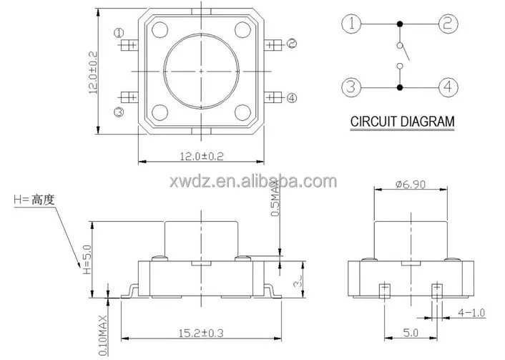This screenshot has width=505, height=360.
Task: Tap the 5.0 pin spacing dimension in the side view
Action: click(409, 332)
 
